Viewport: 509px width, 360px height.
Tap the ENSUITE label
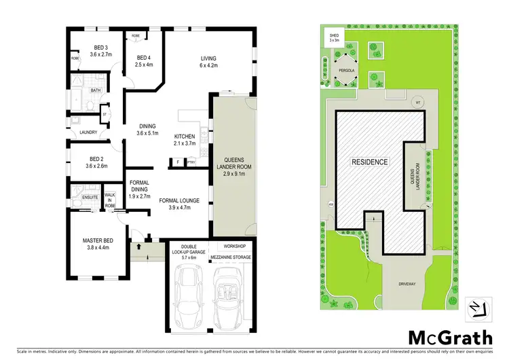point(90,198)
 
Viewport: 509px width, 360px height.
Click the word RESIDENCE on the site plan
point(370,162)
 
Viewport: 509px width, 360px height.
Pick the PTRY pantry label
point(191,162)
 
